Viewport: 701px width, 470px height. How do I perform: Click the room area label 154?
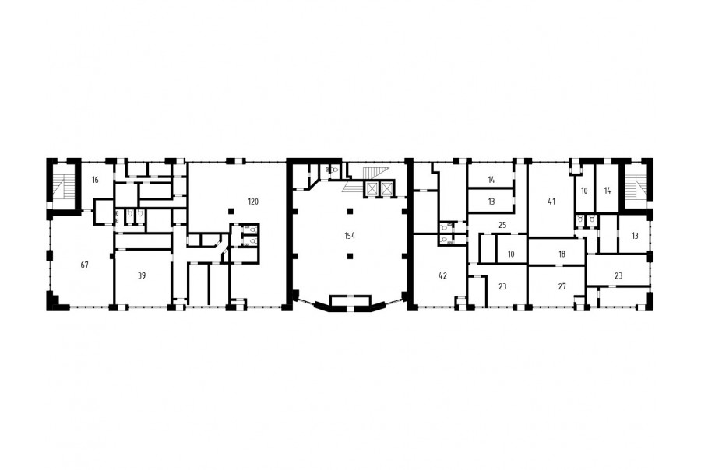click(350, 236)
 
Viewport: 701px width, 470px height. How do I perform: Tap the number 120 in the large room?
click(253, 202)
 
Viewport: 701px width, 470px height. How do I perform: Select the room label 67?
click(84, 265)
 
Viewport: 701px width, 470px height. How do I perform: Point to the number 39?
click(141, 275)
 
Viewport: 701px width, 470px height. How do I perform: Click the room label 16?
click(95, 180)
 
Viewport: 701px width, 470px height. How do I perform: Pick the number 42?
click(442, 275)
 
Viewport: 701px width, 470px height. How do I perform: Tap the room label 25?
click(502, 225)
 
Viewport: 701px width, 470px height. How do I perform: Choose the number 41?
click(551, 202)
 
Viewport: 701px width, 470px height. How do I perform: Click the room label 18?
click(562, 254)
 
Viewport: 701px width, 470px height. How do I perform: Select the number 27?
click(562, 286)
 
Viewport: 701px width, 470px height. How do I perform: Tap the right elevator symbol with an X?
click(386, 188)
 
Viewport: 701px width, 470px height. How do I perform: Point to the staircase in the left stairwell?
click(65, 186)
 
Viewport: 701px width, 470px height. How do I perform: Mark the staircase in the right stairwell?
click(636, 186)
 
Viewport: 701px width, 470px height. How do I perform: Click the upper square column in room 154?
click(350, 211)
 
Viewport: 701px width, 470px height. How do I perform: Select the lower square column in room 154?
click(350, 256)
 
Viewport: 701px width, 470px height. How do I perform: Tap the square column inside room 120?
click(231, 211)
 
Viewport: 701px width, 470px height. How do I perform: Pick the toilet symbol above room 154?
click(333, 170)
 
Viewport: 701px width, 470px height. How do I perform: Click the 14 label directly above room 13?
click(491, 180)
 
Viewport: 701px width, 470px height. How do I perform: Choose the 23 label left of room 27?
click(502, 286)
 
